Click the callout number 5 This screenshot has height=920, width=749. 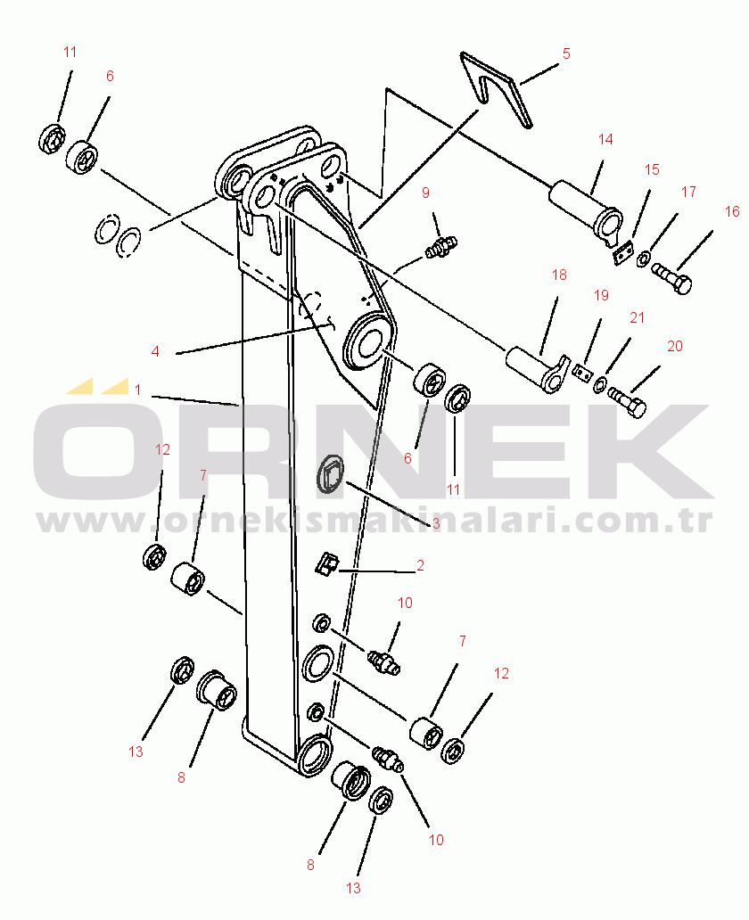point(566,54)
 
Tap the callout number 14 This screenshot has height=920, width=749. point(605,140)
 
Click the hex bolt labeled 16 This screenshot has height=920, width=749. point(671,279)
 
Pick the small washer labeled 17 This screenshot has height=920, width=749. point(644,259)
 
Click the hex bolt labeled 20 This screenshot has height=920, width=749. point(628,401)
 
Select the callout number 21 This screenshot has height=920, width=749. point(637,318)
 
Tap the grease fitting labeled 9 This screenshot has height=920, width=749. point(440,246)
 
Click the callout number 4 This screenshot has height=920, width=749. point(155,351)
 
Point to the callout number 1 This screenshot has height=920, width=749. point(138,390)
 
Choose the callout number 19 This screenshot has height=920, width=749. point(601,295)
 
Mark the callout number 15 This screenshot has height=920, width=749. point(652,169)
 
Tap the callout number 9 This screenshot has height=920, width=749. point(425,193)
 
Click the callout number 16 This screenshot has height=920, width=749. point(732,212)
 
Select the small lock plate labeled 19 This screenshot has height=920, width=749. point(583,373)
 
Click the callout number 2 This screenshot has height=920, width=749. point(420,565)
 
